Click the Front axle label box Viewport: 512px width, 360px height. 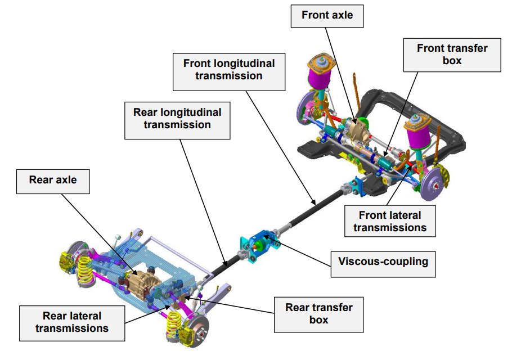tap(327, 16)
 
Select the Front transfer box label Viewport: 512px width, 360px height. tap(452, 55)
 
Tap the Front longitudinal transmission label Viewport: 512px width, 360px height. tap(229, 72)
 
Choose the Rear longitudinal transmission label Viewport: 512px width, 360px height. tap(177, 120)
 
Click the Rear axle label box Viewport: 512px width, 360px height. tap(53, 182)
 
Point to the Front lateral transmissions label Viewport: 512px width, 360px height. tap(390, 221)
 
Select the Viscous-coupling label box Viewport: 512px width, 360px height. tap(383, 264)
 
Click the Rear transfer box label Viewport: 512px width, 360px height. tap(318, 314)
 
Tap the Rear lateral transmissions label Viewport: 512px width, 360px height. tap(72, 323)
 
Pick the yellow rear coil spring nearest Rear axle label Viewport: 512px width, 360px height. tap(85, 270)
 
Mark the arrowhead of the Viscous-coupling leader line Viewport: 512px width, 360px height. tap(265, 236)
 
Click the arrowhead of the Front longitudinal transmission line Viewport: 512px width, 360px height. tap(314, 202)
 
